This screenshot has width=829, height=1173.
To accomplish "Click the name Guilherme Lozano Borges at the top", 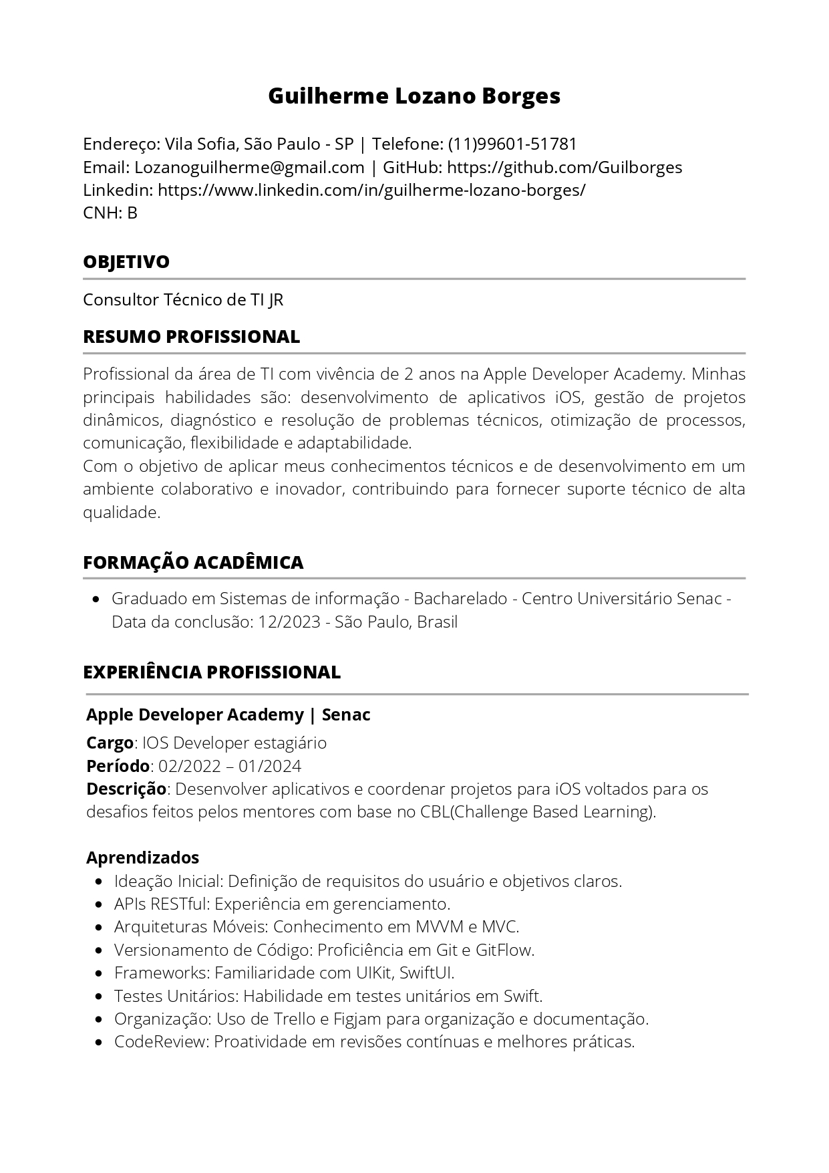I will click(414, 96).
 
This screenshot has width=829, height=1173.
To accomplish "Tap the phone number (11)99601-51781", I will click(512, 144).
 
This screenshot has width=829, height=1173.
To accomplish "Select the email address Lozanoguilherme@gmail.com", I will click(249, 167).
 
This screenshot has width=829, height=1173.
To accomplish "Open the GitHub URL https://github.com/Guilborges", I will click(564, 167).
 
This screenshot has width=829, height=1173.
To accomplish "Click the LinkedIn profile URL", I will click(371, 190).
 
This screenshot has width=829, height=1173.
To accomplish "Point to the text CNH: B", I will click(110, 213).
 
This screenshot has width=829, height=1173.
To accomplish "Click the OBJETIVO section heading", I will click(126, 261).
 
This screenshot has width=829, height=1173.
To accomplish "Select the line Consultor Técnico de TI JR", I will click(183, 299).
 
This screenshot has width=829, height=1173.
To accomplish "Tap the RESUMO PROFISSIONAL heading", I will click(191, 336).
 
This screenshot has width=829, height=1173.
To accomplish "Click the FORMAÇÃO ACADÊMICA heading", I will click(193, 562).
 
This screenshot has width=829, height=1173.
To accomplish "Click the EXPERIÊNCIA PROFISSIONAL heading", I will click(212, 672).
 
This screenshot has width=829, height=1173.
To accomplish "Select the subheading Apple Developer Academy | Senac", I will click(228, 714).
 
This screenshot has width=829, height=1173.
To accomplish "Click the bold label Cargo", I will click(110, 743).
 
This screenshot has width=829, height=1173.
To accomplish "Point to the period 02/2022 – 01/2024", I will click(230, 765).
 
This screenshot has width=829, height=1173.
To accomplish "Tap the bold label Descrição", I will click(126, 789).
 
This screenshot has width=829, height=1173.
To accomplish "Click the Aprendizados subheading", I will click(142, 857).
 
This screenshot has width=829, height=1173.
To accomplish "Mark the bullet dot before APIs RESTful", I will click(99, 904).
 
